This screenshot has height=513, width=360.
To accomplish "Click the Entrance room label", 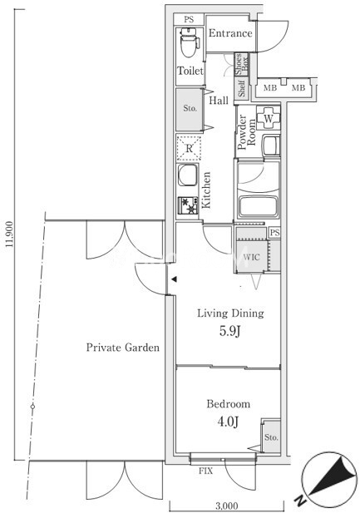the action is click(x=230, y=33).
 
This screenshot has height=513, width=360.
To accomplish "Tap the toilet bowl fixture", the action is click(x=189, y=42).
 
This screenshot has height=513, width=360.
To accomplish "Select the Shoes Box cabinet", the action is click(x=242, y=65).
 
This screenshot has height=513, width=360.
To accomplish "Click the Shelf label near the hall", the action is click(x=242, y=88).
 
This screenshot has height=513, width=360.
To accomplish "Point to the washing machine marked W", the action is click(x=269, y=118).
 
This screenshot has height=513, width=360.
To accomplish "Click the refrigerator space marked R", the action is click(x=189, y=148).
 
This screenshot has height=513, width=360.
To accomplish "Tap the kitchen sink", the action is click(x=188, y=175).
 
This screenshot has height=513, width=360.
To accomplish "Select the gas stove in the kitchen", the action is click(x=188, y=205).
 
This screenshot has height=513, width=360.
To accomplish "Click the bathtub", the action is click(x=259, y=207).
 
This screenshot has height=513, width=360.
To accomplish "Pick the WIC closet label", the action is click(x=252, y=257).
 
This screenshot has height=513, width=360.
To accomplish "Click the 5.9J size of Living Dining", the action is click(x=229, y=332).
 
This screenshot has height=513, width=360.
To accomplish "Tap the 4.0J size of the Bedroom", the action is click(x=228, y=422).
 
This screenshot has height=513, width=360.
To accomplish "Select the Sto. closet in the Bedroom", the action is click(x=272, y=437).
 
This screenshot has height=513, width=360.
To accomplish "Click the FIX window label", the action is click(x=206, y=471).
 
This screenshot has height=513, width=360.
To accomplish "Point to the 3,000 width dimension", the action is click(x=227, y=506).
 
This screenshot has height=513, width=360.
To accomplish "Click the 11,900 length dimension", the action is click(x=9, y=234).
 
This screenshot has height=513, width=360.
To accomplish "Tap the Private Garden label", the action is click(x=123, y=347).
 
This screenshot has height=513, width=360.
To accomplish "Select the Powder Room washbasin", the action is click(x=271, y=146).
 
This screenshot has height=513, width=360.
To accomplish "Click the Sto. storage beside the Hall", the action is click(x=190, y=110).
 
